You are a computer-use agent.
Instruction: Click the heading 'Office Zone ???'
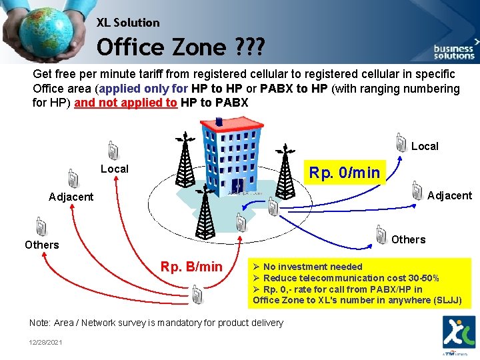(181, 47)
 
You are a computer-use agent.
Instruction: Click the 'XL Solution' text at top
(128, 23)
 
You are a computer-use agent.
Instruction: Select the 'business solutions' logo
(454, 51)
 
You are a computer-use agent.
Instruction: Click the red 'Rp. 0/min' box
(344, 173)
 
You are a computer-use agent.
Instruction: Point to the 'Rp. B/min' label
(191, 267)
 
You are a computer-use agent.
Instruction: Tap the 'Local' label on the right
(425, 146)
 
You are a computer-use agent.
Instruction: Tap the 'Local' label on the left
(114, 169)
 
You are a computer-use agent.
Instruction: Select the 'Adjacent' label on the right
(449, 195)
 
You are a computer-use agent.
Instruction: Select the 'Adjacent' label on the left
(71, 197)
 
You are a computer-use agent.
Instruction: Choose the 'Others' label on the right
(409, 239)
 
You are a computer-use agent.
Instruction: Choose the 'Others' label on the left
(42, 245)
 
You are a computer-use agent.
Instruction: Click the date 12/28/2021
(46, 342)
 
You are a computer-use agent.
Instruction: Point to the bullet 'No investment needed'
(312, 267)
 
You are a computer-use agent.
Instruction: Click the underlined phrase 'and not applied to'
(126, 103)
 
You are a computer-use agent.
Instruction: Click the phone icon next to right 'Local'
(401, 142)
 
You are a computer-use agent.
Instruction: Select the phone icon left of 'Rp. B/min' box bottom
(197, 293)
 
